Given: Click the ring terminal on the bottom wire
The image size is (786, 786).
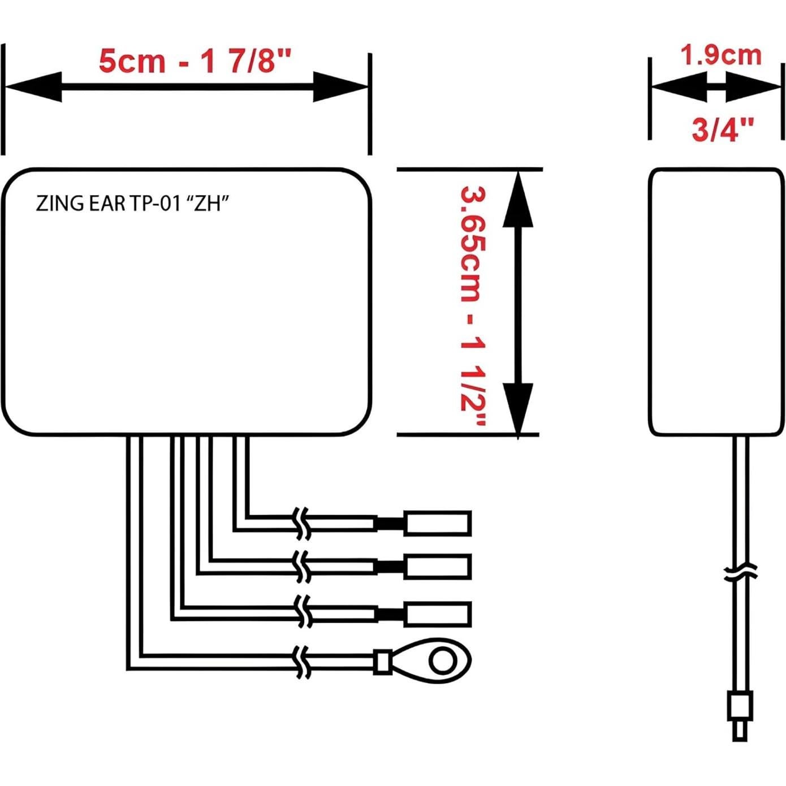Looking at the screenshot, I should pyautogui.click(x=430, y=659).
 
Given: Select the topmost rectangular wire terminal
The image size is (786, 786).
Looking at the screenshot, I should pyautogui.click(x=437, y=523).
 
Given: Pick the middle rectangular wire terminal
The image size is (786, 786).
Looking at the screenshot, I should pyautogui.click(x=437, y=567).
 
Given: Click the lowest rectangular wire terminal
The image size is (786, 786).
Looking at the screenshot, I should pyautogui.click(x=437, y=614).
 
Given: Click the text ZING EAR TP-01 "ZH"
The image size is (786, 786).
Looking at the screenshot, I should pyautogui.click(x=132, y=203).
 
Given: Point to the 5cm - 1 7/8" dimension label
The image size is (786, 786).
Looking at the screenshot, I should pyautogui.click(x=195, y=61).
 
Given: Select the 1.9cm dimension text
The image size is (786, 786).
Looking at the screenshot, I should pyautogui.click(x=720, y=55).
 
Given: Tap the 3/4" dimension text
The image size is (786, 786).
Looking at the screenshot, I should pyautogui.click(x=723, y=129).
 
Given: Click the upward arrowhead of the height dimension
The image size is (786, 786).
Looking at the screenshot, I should pyautogui.click(x=518, y=201).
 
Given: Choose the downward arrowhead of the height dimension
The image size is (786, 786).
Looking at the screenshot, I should pyautogui.click(x=518, y=407).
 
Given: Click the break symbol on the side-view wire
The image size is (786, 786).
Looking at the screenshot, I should pyautogui.click(x=740, y=571).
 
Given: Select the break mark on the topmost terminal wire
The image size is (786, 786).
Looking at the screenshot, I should pyautogui.click(x=303, y=523).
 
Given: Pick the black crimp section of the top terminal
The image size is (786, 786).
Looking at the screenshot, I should pyautogui.click(x=390, y=524).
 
